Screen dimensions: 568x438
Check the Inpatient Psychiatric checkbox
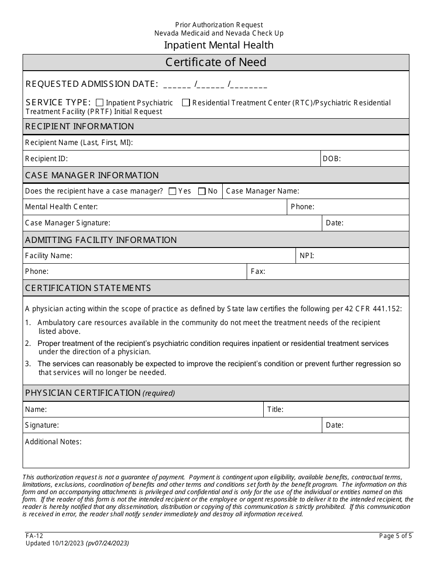(100, 103)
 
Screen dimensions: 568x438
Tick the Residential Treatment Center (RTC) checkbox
(186, 103)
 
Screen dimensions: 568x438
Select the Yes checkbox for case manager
(172, 191)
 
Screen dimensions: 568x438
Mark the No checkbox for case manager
(201, 191)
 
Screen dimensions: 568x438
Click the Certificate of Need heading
(216, 62)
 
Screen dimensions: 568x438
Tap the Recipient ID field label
(46, 159)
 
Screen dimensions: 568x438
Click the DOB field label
(331, 159)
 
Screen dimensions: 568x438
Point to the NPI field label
(307, 255)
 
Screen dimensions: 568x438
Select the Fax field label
(258, 272)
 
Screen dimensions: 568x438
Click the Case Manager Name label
(262, 191)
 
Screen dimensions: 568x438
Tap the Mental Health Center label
(61, 207)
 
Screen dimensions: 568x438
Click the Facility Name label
(48, 255)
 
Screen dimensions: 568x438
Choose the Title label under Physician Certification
(275, 409)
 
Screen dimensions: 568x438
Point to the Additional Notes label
(53, 441)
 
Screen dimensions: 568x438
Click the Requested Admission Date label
(92, 84)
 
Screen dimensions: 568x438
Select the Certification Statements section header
(88, 288)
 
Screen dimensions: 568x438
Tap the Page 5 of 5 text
(396, 536)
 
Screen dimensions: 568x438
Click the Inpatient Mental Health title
(219, 45)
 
